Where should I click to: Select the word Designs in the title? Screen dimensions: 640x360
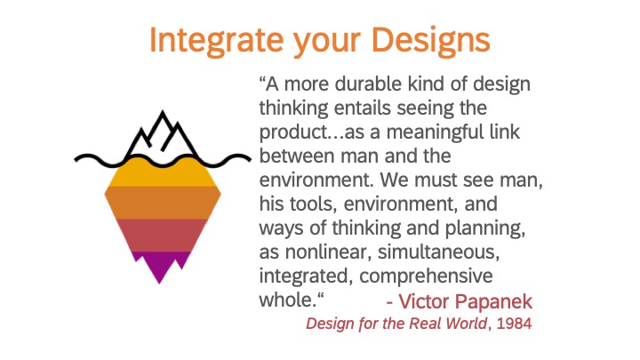click(430, 40)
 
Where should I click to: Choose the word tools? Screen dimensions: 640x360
click(313, 204)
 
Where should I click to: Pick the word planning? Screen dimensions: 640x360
click(484, 228)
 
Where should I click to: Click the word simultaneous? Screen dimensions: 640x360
click(438, 252)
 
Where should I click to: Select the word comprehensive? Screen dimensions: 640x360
click(426, 276)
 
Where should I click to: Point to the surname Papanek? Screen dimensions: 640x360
click(493, 302)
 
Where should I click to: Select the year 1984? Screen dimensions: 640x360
click(515, 324)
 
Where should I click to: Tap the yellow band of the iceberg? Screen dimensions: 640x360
click(163, 174)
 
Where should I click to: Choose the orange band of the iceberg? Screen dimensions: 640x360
click(163, 203)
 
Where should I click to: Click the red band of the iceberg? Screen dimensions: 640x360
click(163, 236)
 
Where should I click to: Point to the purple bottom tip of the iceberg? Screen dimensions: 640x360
click(160, 283)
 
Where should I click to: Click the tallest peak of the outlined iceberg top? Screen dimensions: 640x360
click(163, 111)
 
